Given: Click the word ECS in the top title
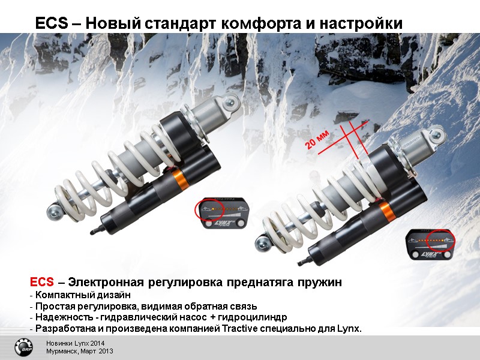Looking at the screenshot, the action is click(52, 23).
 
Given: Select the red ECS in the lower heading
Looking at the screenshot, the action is click(42, 281).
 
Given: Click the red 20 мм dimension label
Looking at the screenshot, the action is click(317, 139).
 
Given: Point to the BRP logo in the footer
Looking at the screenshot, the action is click(23, 348).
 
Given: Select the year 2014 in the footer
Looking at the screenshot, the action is click(97, 343).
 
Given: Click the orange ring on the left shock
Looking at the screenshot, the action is click(178, 179).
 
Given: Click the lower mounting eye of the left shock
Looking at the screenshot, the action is click(54, 212).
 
